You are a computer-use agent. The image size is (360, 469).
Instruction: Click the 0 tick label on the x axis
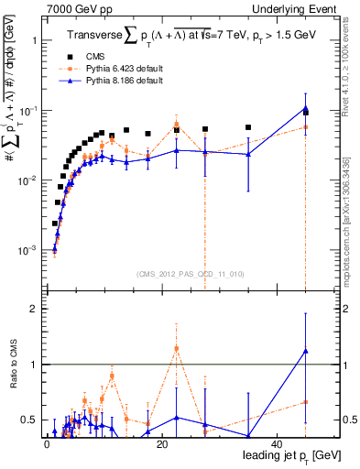(x=47, y=443)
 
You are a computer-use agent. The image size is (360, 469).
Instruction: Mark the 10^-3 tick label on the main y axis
(x=26, y=250)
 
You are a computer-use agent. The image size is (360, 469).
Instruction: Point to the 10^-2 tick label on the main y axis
(x=26, y=180)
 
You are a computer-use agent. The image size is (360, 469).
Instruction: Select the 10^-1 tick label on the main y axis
(x=26, y=111)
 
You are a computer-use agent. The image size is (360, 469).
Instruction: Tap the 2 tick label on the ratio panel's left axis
(x=32, y=310)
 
